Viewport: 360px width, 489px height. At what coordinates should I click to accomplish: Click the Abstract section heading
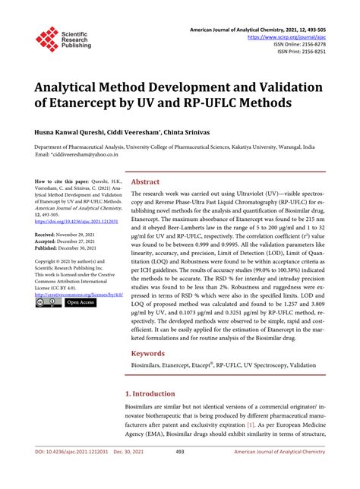[146, 182]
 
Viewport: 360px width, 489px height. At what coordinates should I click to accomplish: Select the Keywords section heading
[149, 354]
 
